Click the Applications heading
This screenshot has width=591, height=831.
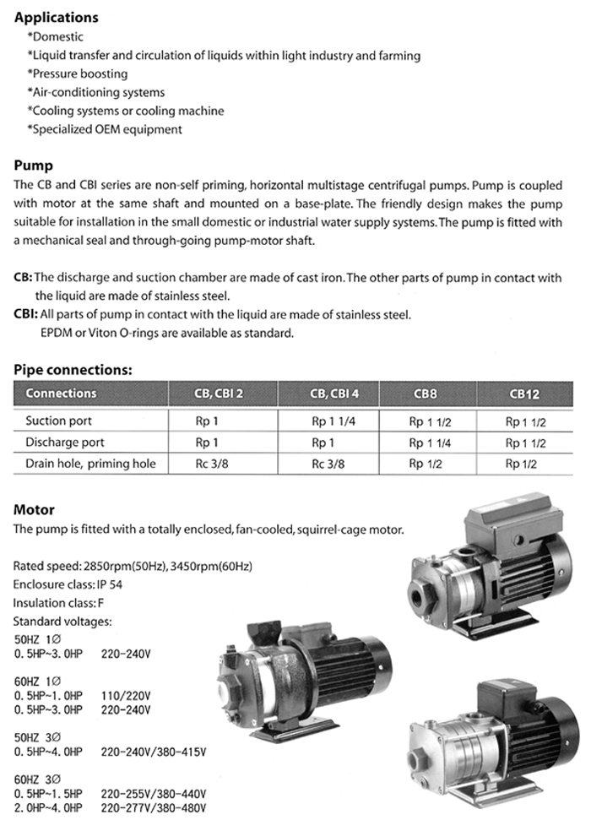click(x=57, y=17)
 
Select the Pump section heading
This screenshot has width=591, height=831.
click(x=34, y=166)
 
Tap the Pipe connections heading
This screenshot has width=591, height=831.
click(x=73, y=370)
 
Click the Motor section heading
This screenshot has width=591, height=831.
click(x=35, y=509)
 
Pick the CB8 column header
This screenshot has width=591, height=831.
click(x=426, y=394)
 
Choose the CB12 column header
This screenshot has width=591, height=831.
click(x=523, y=394)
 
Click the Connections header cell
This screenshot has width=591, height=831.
click(x=61, y=394)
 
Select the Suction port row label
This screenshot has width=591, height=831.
click(x=58, y=421)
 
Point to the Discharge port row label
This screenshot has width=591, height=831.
click(x=64, y=442)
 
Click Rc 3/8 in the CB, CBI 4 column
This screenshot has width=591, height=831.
click(x=329, y=464)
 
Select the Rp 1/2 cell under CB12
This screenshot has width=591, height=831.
click(x=523, y=464)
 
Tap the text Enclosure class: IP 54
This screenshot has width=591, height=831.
click(x=64, y=584)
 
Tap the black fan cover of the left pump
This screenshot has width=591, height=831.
click(x=371, y=667)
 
